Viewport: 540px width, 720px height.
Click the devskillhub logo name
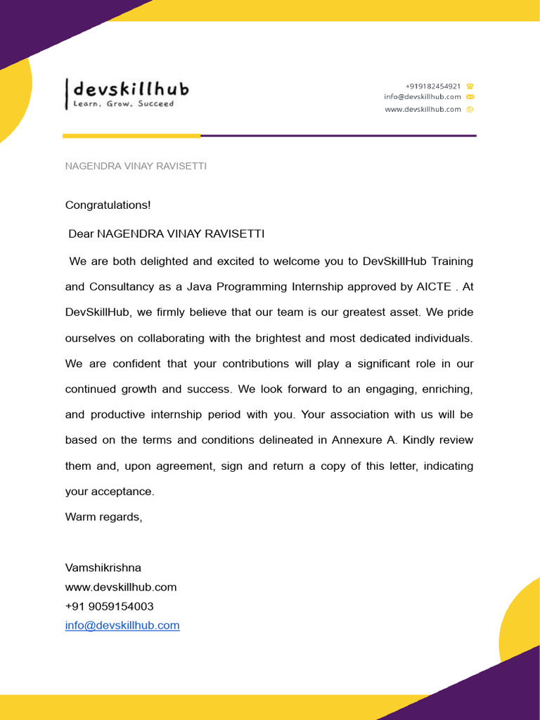point(131,89)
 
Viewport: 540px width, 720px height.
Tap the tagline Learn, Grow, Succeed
point(123,104)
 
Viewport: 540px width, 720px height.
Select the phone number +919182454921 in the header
point(433,86)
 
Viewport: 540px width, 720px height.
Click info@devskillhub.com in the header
point(423,97)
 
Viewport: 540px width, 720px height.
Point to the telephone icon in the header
point(470,86)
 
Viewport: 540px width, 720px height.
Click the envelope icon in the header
point(470,97)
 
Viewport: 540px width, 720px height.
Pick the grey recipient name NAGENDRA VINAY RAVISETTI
point(136,166)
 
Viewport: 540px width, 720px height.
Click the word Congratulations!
point(108,205)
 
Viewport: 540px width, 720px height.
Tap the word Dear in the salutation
point(81,233)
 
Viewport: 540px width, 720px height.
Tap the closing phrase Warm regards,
point(103,517)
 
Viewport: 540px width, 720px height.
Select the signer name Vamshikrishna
point(103,568)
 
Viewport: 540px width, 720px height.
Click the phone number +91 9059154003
point(109,606)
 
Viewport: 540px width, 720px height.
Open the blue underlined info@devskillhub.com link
point(122,625)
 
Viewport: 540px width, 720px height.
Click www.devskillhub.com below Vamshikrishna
point(121,587)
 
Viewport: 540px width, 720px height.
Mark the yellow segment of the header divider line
point(131,136)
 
